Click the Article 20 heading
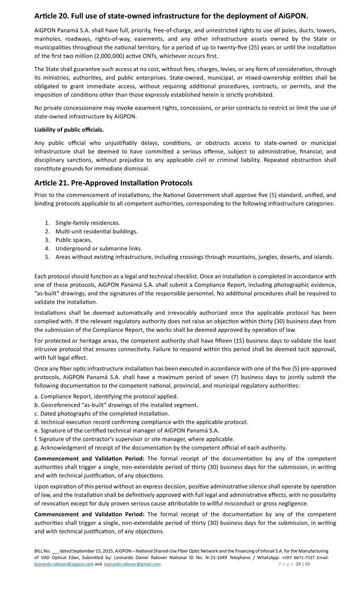pos(171,16)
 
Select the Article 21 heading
pos(113,183)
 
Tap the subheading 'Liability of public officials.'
pos(69,129)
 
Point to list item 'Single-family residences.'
pos(88,223)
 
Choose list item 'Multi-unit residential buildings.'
pos(97,231)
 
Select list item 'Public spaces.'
pos(74,240)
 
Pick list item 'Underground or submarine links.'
pos(99,248)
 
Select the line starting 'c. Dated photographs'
pos(102,413)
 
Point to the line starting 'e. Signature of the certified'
pos(127,430)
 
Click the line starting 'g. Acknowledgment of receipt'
pos(160,447)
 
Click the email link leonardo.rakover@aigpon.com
pos(64,564)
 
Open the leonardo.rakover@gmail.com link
pos(132,564)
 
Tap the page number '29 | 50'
pos(303,564)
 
